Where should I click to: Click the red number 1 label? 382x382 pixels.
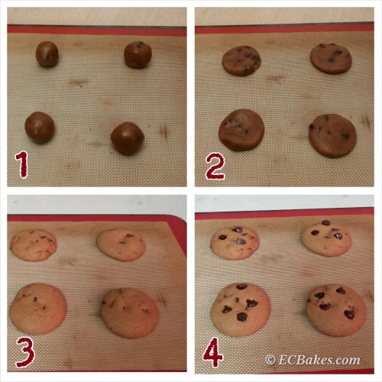coord(21,164)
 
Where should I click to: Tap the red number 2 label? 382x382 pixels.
coord(215,167)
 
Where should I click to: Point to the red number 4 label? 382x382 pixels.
coord(212,352)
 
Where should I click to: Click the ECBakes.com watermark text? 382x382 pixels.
coord(312,360)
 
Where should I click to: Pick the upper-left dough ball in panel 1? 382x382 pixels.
coord(47,54)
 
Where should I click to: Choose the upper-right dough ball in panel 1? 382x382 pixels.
coord(138,54)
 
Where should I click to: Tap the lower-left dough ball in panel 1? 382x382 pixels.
coord(40,127)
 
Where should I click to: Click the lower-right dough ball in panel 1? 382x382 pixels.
coord(128,138)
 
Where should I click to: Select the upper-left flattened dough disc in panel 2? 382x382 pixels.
coord(241,60)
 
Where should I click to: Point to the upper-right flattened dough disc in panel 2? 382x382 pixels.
coord(331,58)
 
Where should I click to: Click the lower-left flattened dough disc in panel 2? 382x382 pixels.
coord(241,130)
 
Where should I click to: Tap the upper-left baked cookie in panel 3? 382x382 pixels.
coord(33,245)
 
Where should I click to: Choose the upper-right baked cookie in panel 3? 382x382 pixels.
coord(121,244)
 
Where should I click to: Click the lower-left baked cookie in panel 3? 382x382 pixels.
coord(38,309)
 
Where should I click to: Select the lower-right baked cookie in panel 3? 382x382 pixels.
coord(130,313)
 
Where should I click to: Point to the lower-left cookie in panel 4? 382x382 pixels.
coord(241,309)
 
